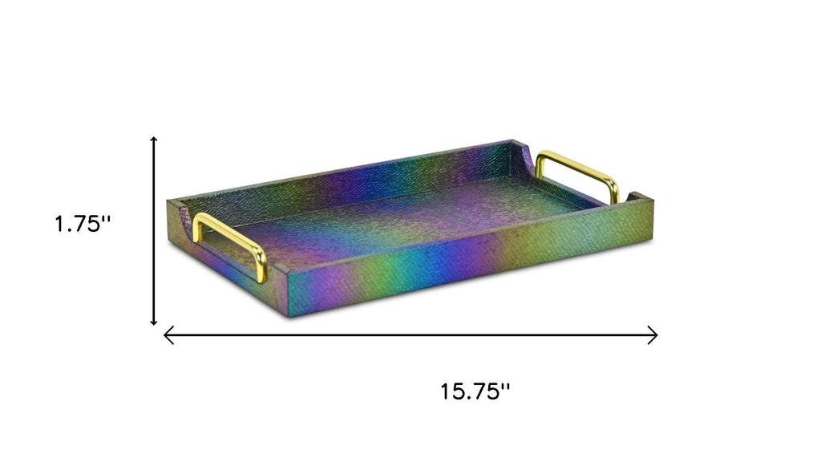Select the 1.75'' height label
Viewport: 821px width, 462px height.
[x=83, y=225]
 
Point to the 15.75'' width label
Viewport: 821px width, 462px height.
[x=475, y=391]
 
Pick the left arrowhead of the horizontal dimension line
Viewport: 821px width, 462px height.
[x=168, y=334]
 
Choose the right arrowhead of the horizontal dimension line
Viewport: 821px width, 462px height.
[x=653, y=334]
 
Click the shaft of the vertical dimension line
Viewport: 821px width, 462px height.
[x=153, y=230]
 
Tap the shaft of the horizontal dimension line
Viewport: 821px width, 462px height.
[x=410, y=334]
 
